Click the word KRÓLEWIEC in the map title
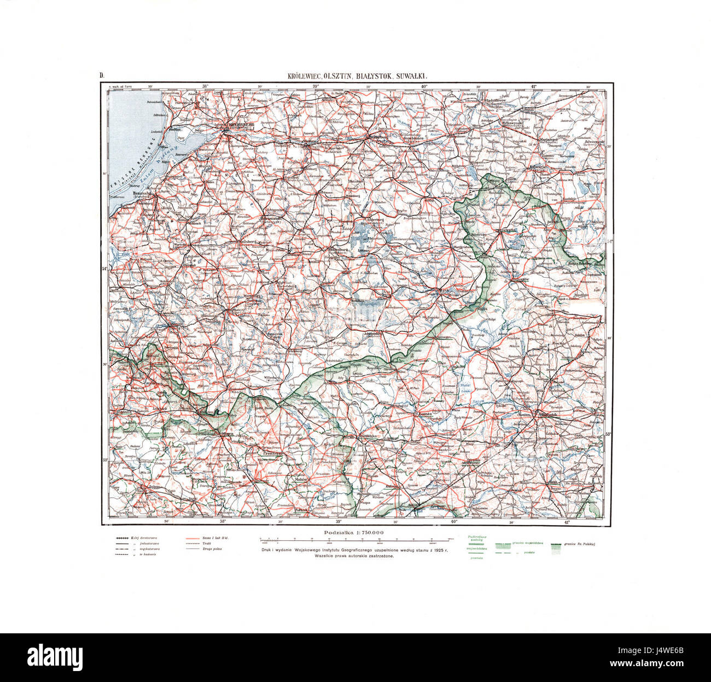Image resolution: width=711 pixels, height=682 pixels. pos(305,77)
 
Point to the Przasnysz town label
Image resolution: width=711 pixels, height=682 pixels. pos(270,453)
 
